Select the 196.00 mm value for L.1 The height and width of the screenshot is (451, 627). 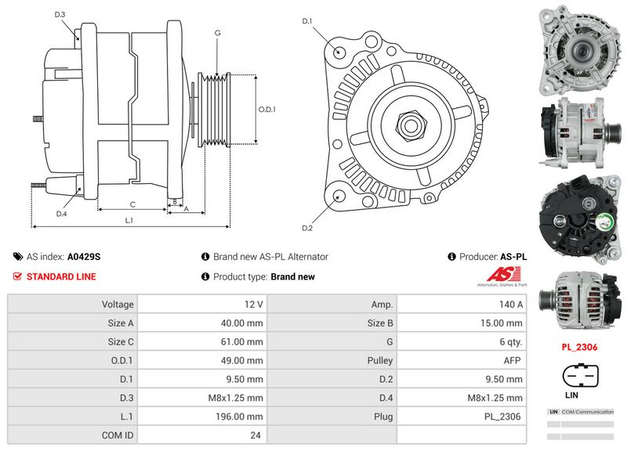pos(204,417)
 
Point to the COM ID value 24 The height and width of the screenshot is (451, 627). pos(204,435)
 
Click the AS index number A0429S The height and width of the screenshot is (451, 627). pos(84,257)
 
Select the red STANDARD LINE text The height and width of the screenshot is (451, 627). pos(61,277)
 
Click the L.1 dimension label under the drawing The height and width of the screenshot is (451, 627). pos(129,221)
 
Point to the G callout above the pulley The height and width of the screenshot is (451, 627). pos(217,33)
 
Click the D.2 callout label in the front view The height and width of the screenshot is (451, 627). pos(307,228)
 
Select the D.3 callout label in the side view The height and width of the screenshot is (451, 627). pos(60,15)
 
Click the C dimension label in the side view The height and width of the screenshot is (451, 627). pos(132,204)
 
